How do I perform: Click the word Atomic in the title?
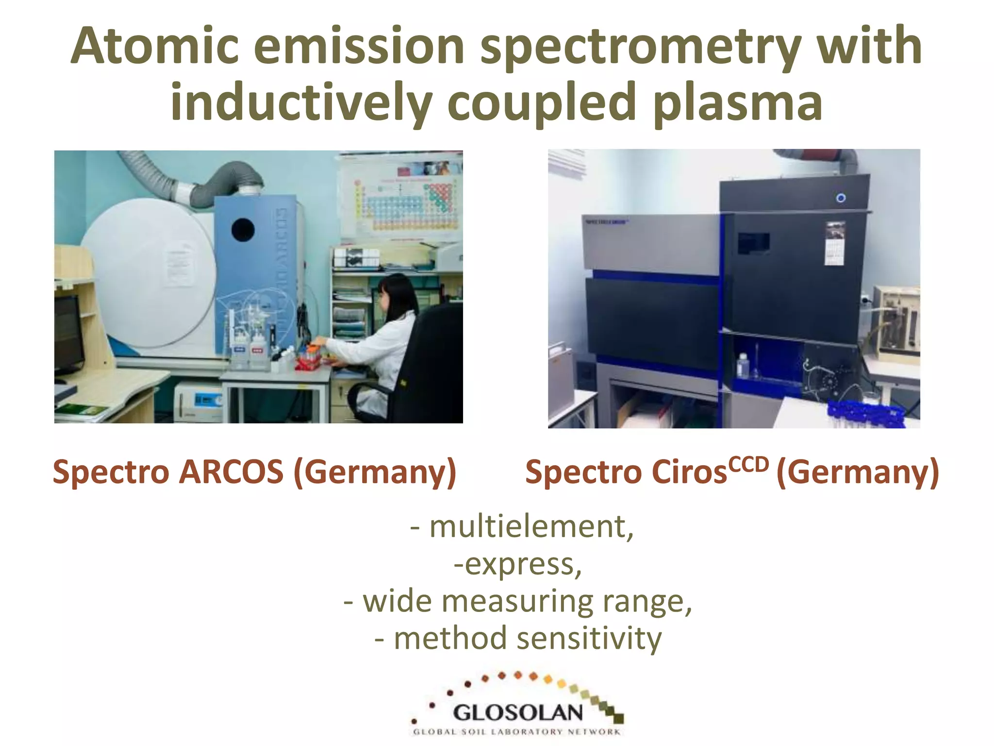pyautogui.click(x=154, y=46)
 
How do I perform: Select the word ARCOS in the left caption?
pyautogui.click(x=231, y=472)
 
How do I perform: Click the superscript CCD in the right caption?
pyautogui.click(x=749, y=464)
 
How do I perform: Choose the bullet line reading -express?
pyautogui.click(x=517, y=564)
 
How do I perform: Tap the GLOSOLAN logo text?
pyautogui.click(x=517, y=713)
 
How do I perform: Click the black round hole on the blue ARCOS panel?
pyautogui.click(x=243, y=230)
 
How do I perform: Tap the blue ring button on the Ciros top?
pyautogui.click(x=841, y=198)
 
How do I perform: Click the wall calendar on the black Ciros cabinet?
pyautogui.click(x=835, y=243)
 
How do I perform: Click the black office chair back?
pyautogui.click(x=434, y=359)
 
